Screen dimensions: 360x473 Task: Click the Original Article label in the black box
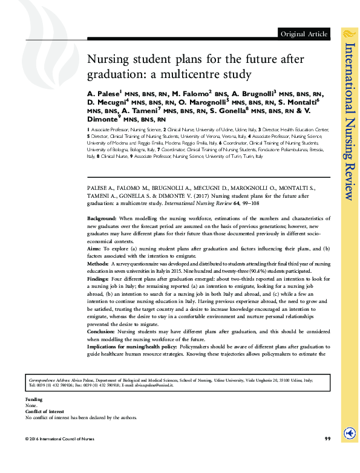coord(304,33)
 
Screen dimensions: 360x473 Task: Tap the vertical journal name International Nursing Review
coord(349,121)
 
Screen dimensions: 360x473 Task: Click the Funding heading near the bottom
coord(34,400)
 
